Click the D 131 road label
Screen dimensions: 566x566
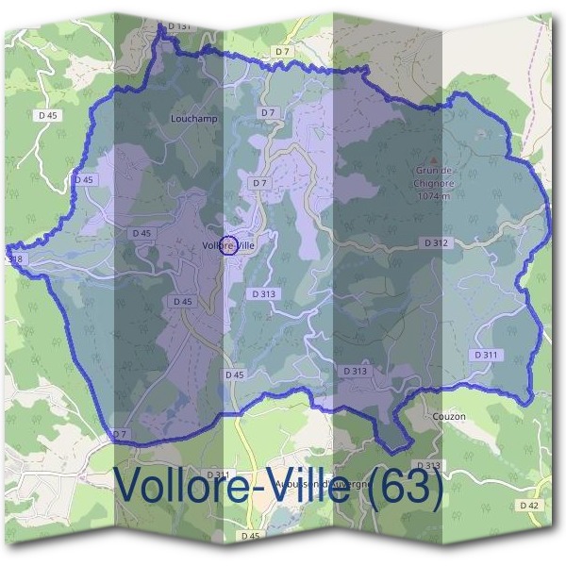coord(181,26)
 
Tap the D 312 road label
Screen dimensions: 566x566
coord(435,242)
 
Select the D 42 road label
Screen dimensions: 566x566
coord(530,506)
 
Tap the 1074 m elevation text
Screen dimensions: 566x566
coord(433,197)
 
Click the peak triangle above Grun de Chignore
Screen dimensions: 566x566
coord(433,159)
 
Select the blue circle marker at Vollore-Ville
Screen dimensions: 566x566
coord(227,246)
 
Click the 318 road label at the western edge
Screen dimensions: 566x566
coord(13,258)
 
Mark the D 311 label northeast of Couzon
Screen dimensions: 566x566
coord(486,354)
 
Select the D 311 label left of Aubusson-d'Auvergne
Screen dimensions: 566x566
coord(218,474)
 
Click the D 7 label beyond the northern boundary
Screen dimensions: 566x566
coord(282,50)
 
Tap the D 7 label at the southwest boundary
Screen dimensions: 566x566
coord(119,434)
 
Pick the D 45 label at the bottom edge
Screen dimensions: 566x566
coord(250,536)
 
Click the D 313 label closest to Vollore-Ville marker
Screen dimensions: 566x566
coord(265,294)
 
